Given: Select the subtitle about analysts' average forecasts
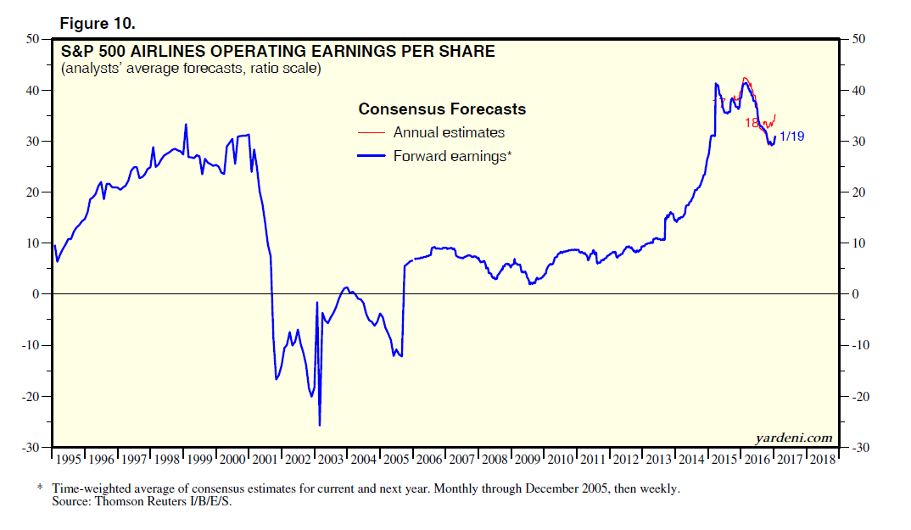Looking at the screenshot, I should [190, 69].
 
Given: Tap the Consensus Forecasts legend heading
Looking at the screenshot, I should [442, 109].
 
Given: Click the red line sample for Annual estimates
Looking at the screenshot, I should [372, 132].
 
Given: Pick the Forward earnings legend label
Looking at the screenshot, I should [453, 156].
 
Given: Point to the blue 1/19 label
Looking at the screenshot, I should [792, 136].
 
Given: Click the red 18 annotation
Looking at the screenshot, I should [752, 123].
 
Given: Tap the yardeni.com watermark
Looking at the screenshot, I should [794, 438].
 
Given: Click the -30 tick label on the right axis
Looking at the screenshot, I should [853, 448].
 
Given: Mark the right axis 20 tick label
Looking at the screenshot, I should [851, 192].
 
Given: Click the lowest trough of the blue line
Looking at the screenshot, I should [320, 425].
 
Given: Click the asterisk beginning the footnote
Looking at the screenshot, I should [39, 489].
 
